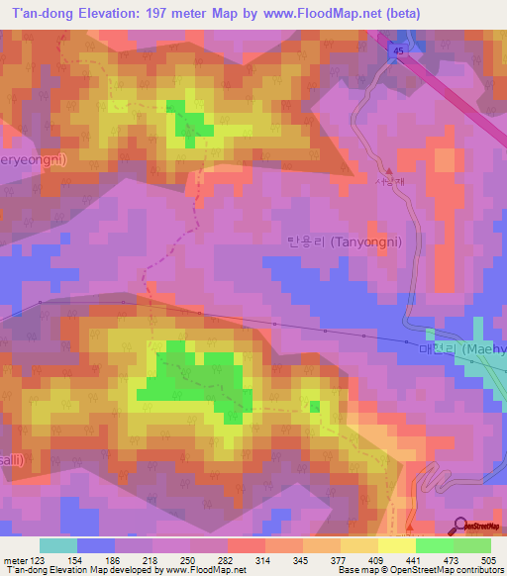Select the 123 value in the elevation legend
coord(44,560)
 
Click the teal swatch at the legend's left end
coord(58,545)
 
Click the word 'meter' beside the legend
coord(17,560)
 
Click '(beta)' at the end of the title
coord(403,14)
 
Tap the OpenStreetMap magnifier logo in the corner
coord(459,526)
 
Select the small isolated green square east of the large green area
coord(314,406)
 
